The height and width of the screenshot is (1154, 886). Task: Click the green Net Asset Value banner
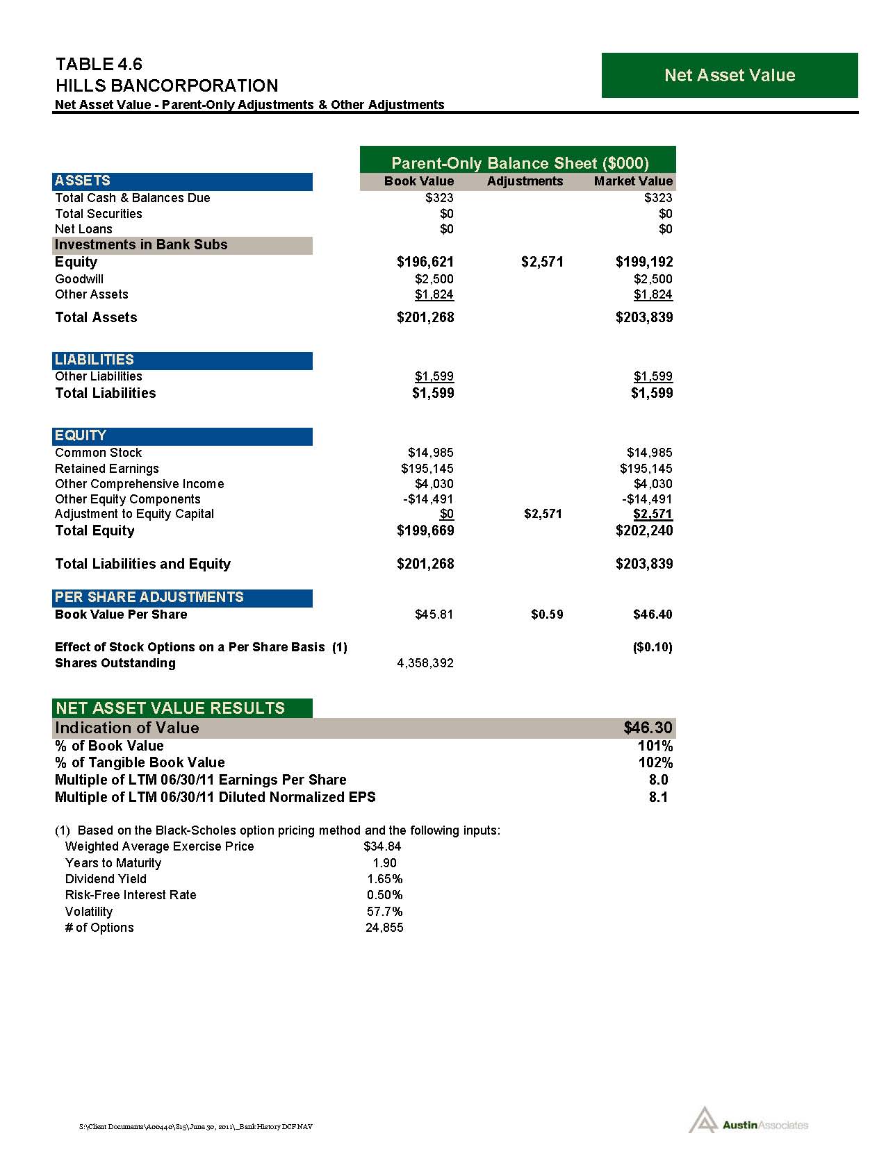pyautogui.click(x=729, y=75)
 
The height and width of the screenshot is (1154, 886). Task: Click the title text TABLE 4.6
pyautogui.click(x=99, y=65)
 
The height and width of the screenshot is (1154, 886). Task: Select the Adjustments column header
pyautogui.click(x=525, y=181)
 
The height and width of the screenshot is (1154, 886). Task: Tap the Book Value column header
pyautogui.click(x=419, y=181)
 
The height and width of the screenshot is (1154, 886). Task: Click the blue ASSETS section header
pyautogui.click(x=182, y=181)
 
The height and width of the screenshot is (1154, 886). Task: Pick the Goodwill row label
pyautogui.click(x=79, y=279)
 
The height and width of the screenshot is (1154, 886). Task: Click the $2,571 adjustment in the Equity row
pyautogui.click(x=542, y=262)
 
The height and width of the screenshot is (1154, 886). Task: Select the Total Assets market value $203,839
pyautogui.click(x=644, y=317)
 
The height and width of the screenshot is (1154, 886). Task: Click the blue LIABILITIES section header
pyautogui.click(x=182, y=360)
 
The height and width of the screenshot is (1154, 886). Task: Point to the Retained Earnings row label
pyautogui.click(x=107, y=469)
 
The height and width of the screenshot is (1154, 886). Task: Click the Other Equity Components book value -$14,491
pyautogui.click(x=428, y=499)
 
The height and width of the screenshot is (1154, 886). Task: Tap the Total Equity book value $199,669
pyautogui.click(x=425, y=530)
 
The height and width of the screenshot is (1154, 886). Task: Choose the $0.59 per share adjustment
pyautogui.click(x=547, y=614)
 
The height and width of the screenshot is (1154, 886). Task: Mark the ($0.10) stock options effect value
pyautogui.click(x=653, y=647)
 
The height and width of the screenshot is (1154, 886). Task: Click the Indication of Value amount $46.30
pyautogui.click(x=648, y=728)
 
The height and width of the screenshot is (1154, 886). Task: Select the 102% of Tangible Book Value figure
pyautogui.click(x=655, y=762)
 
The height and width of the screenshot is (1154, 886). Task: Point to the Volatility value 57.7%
pyautogui.click(x=384, y=912)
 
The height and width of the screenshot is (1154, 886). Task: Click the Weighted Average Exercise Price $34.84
pyautogui.click(x=382, y=846)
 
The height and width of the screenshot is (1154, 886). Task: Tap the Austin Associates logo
pyautogui.click(x=748, y=1124)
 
